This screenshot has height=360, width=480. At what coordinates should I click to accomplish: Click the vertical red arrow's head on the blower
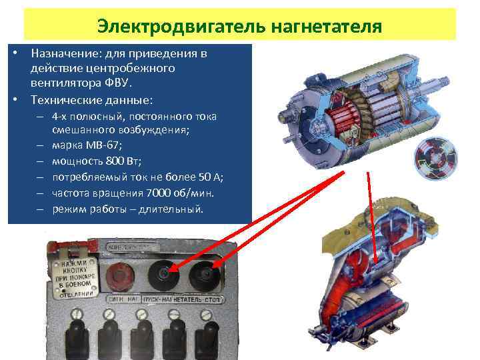(x=375, y=263)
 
